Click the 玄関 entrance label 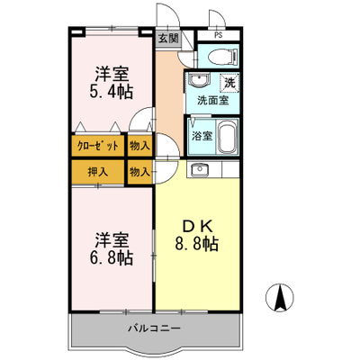[168, 38]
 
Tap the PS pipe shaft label [219, 35]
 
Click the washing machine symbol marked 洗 [229, 83]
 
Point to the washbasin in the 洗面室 [198, 79]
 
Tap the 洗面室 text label [212, 101]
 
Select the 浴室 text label [202, 136]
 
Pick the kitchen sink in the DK [199, 170]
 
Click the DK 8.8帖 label [196, 235]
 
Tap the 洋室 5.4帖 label [112, 83]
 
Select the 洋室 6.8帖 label [112, 248]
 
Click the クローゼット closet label [98, 146]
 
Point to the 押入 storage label [97, 172]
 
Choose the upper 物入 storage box [139, 146]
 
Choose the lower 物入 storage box [139, 172]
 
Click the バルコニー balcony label [155, 328]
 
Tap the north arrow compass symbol [280, 298]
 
